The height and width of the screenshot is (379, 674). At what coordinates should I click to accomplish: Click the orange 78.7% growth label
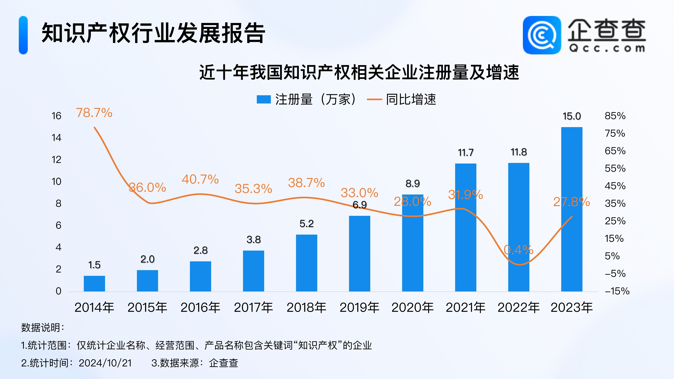[94, 113]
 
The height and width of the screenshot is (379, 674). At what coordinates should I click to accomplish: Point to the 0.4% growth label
[519, 250]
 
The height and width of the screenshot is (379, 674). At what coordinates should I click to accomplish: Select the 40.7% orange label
[200, 179]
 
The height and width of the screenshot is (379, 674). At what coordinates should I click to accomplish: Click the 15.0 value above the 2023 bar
[572, 116]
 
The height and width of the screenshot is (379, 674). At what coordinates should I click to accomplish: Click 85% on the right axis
[615, 116]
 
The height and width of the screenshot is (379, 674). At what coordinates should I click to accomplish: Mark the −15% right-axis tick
[617, 291]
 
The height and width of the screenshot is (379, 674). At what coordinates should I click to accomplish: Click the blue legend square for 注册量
[263, 99]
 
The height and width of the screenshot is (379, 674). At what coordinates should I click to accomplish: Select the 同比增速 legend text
[411, 99]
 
